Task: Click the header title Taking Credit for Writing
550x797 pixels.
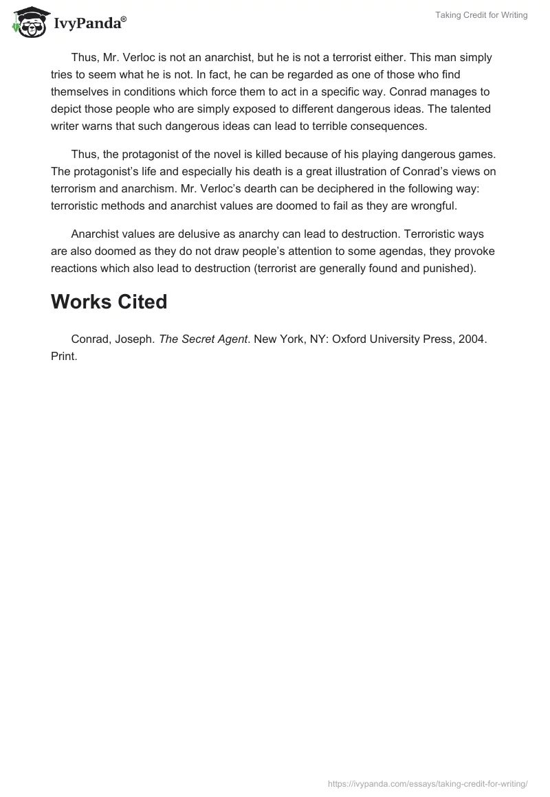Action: click(481, 15)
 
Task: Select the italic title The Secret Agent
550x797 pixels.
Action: click(203, 339)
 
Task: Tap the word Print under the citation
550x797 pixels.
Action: click(63, 357)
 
